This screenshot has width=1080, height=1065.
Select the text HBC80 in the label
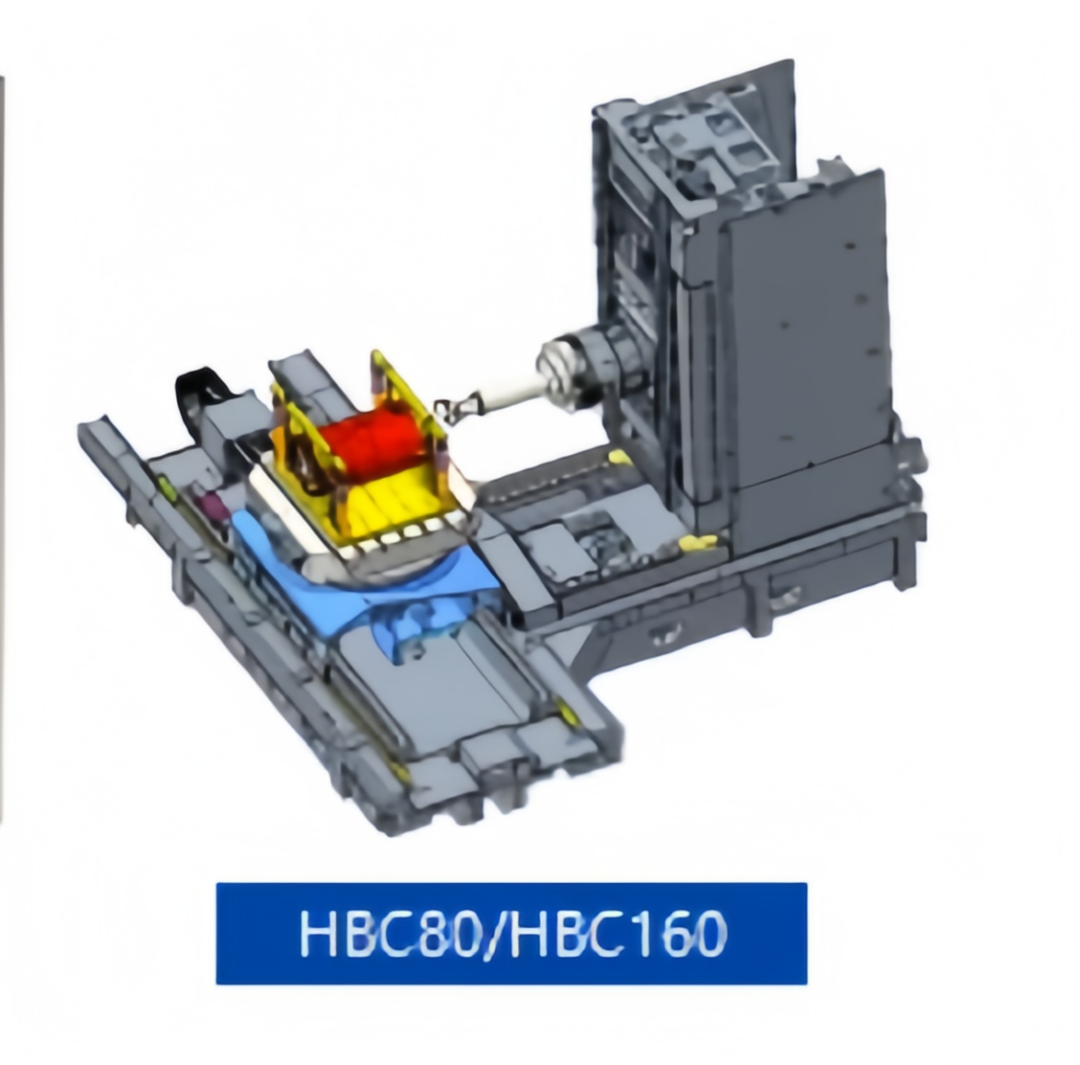(389, 934)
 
